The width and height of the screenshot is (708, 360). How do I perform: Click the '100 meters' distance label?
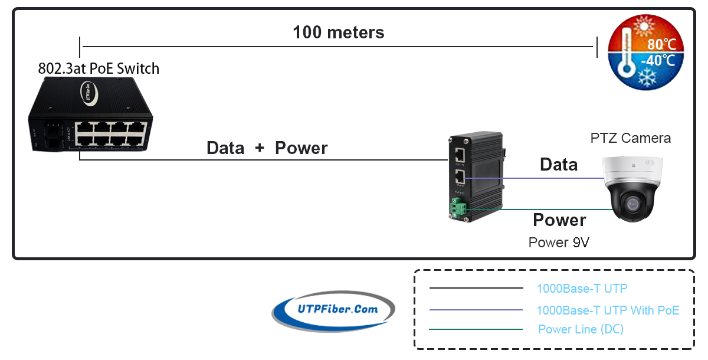coord(339,32)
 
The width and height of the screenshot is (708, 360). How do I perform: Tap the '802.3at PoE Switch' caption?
coord(99,68)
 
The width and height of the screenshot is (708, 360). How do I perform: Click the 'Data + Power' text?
coord(267,148)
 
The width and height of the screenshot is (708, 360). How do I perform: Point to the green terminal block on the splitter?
coord(459,207)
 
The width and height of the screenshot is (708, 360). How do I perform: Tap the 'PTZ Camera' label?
coord(630,138)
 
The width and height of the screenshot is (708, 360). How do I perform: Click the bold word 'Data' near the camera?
coord(559,165)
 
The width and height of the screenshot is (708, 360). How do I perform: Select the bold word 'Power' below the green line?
coord(559,220)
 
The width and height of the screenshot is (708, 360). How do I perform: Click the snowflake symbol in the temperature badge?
coord(650,78)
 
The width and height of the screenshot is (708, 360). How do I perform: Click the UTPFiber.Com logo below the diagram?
coord(333,310)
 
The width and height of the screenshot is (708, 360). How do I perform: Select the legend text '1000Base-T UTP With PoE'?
coord(608,310)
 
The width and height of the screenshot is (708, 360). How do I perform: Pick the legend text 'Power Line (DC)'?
coord(581,329)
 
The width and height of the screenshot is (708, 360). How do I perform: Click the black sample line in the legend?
coord(476,289)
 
